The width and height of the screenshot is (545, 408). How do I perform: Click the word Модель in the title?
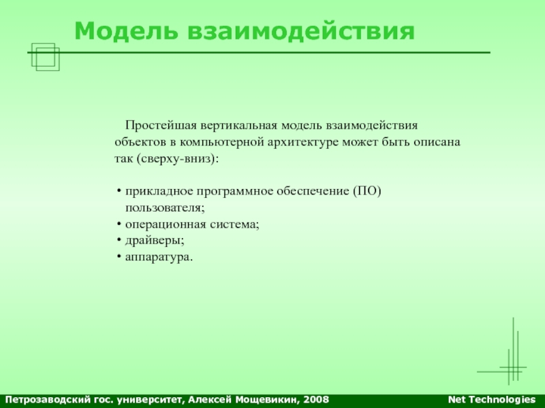[x=126, y=31]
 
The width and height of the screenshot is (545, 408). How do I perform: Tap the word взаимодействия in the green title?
[x=301, y=31]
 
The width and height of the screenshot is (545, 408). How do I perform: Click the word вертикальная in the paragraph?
[x=239, y=125]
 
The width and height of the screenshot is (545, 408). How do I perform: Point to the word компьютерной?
[x=222, y=142]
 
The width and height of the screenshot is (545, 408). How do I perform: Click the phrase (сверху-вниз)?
[x=178, y=159]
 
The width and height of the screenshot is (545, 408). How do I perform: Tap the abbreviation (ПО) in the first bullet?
[x=367, y=191]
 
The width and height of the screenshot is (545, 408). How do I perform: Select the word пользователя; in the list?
[x=165, y=208]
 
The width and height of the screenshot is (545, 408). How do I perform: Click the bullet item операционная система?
[x=192, y=224]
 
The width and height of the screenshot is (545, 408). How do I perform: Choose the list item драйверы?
[x=155, y=241]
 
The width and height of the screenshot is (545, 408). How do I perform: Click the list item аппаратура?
[x=159, y=258]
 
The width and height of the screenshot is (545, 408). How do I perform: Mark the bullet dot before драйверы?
[x=119, y=240]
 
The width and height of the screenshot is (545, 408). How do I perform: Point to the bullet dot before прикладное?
[x=119, y=191]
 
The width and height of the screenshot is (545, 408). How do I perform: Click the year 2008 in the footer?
[x=316, y=400]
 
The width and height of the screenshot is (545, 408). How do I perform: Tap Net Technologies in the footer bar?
[x=492, y=400]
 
